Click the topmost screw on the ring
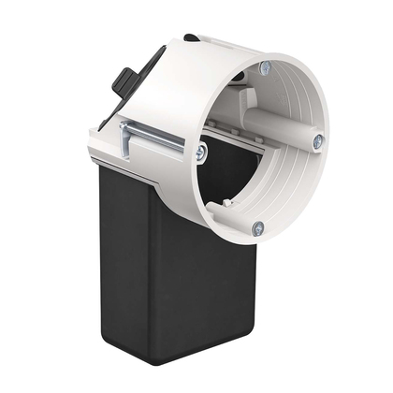tap(265, 68)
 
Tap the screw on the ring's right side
tap(318, 141)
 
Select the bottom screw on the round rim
tap(256, 226)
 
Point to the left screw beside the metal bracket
tap(201, 150)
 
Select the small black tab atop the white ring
tap(191, 38)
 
